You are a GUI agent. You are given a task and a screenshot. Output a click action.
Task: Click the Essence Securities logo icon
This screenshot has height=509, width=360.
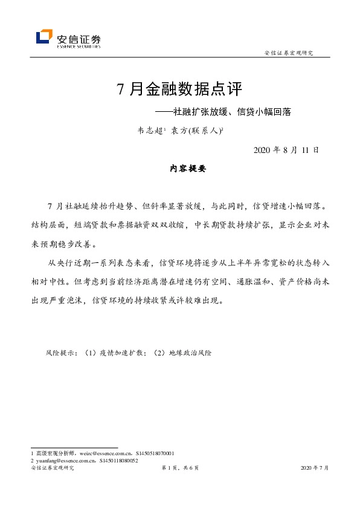[x=43, y=37]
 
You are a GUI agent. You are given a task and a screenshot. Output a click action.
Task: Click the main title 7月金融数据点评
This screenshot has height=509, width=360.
[x=179, y=90]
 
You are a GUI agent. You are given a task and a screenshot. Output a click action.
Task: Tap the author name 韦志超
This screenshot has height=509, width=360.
[x=150, y=129]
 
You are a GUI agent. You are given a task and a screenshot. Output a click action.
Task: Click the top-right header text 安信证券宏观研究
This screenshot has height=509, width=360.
[x=289, y=53]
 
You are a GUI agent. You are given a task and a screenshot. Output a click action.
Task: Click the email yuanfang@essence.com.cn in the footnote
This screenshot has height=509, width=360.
[x=65, y=460]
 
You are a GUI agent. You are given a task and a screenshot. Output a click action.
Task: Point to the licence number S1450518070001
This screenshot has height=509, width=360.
[x=153, y=453]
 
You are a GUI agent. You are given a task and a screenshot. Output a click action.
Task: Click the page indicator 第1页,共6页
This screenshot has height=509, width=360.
[x=179, y=468]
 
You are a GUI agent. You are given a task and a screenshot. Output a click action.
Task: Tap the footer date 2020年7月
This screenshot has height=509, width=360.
[x=315, y=468]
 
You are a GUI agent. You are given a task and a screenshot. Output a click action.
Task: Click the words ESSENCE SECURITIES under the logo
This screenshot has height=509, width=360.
[x=79, y=45]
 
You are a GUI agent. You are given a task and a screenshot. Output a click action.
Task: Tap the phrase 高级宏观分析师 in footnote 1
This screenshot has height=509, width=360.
[x=54, y=453]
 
